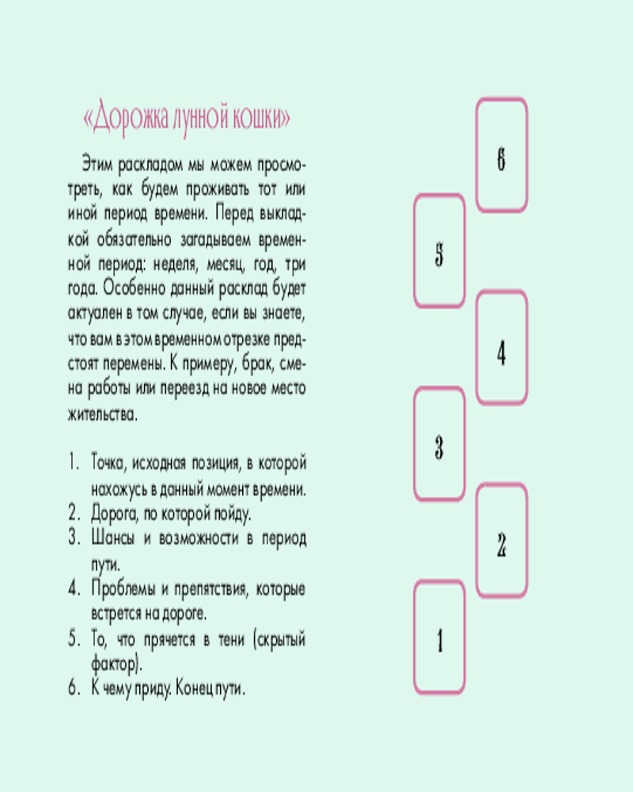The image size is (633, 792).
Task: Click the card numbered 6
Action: tap(501, 155)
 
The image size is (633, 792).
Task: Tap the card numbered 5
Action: tap(439, 251)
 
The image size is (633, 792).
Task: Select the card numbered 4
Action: tap(501, 348)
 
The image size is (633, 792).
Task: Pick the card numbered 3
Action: tap(439, 444)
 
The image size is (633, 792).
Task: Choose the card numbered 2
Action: tap(501, 540)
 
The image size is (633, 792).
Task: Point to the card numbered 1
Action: tap(439, 637)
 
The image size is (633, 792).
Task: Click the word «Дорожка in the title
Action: tap(126, 118)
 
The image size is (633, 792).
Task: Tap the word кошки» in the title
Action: tap(261, 118)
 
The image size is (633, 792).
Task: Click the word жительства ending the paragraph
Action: tap(103, 414)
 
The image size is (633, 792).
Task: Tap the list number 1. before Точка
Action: tap(74, 463)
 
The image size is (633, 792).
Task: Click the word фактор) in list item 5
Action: tap(116, 663)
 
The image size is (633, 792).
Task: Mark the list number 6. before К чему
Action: tap(74, 688)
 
